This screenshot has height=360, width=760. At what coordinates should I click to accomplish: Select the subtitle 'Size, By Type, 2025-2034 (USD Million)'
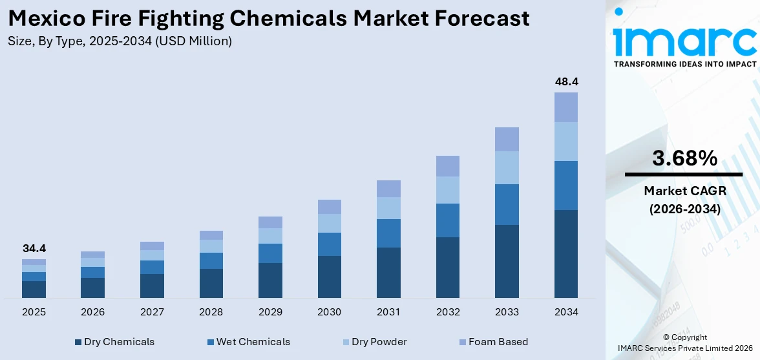(x=120, y=41)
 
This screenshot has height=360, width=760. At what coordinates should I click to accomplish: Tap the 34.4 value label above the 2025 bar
(x=34, y=248)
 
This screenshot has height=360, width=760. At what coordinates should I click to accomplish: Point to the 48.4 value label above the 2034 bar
(x=566, y=82)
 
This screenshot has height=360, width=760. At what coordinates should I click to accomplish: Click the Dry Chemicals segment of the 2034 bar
(x=566, y=253)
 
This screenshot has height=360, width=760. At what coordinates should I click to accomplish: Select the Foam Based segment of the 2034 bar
(x=566, y=107)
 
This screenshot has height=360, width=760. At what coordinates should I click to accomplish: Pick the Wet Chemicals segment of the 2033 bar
(x=507, y=204)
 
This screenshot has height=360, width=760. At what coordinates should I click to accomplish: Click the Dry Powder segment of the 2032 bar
(x=448, y=190)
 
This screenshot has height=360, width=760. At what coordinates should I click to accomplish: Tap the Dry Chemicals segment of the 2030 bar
(x=329, y=277)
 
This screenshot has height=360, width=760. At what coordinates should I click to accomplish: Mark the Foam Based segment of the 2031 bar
(x=388, y=189)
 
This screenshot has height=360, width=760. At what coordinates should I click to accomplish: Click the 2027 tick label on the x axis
(x=152, y=312)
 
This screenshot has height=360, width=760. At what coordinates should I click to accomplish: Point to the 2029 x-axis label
(x=270, y=312)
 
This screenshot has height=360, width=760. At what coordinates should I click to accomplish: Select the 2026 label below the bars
(x=92, y=312)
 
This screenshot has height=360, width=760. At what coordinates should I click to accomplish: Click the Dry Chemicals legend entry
(x=114, y=342)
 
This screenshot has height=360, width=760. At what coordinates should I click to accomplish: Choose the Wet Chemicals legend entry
(x=248, y=342)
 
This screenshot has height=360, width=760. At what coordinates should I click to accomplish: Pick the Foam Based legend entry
(x=492, y=342)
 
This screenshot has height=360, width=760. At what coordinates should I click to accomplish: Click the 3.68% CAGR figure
(x=684, y=158)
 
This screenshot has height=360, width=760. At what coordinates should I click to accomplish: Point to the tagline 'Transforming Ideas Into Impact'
(x=684, y=64)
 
